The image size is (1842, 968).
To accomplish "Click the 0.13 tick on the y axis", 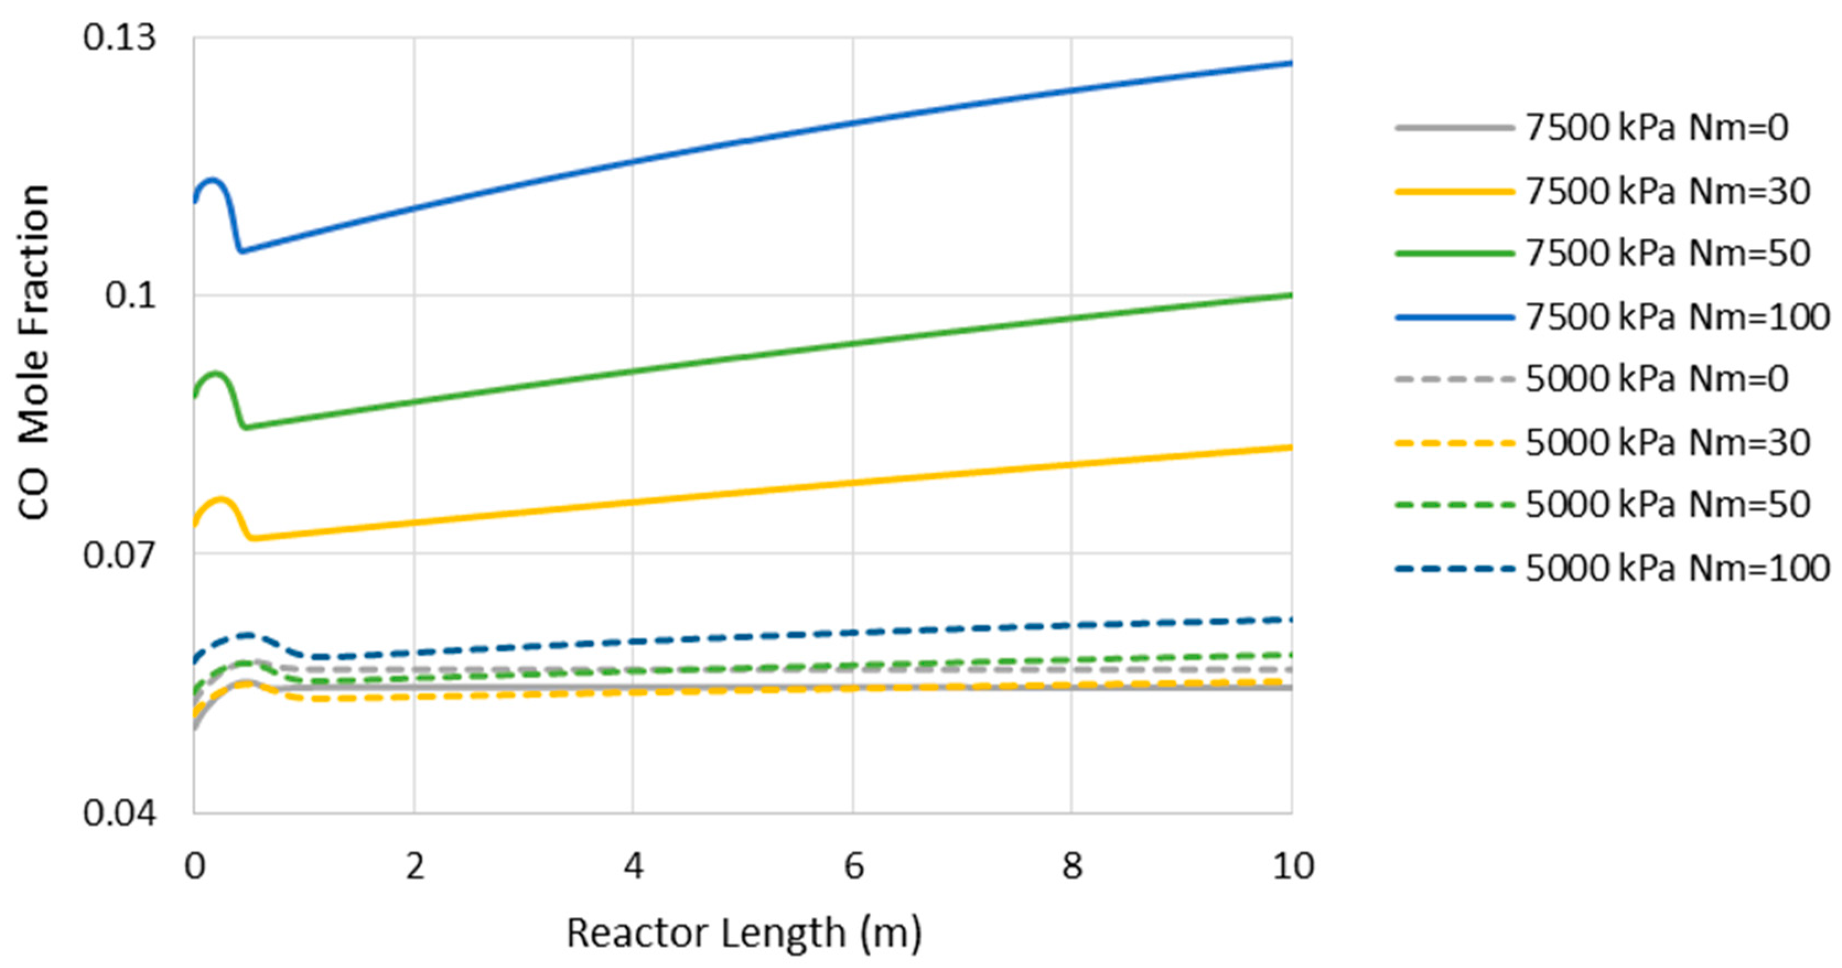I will coord(119,37).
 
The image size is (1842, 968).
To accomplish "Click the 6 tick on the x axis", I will coord(853,867).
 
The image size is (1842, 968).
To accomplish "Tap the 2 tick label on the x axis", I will coord(414,867).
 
